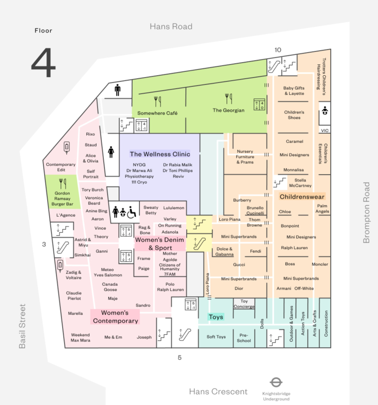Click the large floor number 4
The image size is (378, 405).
[x=43, y=62]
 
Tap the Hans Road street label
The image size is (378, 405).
[x=171, y=26]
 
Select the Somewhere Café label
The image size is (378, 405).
[x=157, y=113]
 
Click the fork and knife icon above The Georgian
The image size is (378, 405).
[x=229, y=98]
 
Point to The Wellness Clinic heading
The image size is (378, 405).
[x=160, y=154]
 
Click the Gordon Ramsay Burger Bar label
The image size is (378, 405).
[x=62, y=198]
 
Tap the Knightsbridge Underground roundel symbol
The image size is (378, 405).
[x=276, y=382]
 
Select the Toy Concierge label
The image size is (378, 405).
[x=244, y=304]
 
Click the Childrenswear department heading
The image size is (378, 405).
[x=302, y=197]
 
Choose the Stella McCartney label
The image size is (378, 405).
[x=300, y=183]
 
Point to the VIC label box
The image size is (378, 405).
[x=325, y=130]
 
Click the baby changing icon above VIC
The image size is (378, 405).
[x=325, y=111]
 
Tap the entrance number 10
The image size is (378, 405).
[x=278, y=50]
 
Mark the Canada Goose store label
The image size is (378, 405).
[x=110, y=287]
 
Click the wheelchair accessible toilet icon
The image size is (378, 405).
[x=132, y=212]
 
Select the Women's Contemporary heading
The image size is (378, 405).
[x=115, y=317]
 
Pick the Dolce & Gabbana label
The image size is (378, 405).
[x=224, y=251]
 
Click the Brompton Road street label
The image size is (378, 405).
[x=366, y=213]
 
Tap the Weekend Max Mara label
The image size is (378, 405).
[x=80, y=337]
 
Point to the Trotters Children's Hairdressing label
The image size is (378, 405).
[x=321, y=77]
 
